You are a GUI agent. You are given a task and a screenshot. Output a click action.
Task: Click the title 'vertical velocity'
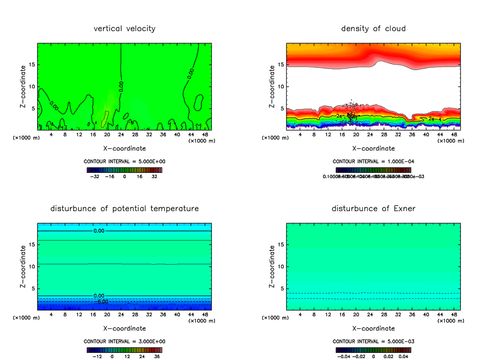pyautogui.click(x=124, y=29)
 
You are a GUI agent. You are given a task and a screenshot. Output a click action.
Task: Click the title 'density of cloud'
pyautogui.click(x=373, y=29)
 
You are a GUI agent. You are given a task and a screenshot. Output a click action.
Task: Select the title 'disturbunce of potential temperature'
pyautogui.click(x=124, y=209)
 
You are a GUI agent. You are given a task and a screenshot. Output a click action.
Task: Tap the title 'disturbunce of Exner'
pyautogui.click(x=373, y=209)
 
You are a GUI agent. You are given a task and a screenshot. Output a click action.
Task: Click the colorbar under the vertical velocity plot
pyautogui.click(x=124, y=170)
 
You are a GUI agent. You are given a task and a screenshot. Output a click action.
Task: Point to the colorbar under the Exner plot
pyautogui.click(x=373, y=350)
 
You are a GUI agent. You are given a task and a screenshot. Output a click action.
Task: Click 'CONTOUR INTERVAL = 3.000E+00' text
pyautogui.click(x=124, y=341)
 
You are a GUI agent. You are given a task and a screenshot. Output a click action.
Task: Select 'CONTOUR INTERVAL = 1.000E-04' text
pyautogui.click(x=373, y=161)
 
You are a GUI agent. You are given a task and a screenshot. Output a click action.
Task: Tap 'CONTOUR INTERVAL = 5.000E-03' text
pyautogui.click(x=373, y=341)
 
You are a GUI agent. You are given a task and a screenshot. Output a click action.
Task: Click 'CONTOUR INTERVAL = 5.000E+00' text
pyautogui.click(x=124, y=161)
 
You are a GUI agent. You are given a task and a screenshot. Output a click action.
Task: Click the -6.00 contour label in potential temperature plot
pyautogui.click(x=103, y=302)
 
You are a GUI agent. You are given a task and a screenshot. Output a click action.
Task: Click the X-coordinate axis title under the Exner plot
pyautogui.click(x=373, y=328)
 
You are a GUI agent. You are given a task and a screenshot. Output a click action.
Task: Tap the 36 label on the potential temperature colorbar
pyautogui.click(x=157, y=356)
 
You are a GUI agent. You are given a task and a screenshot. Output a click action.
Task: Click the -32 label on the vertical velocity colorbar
pyautogui.click(x=95, y=176)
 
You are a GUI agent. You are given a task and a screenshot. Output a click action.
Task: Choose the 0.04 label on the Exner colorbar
pyautogui.click(x=403, y=356)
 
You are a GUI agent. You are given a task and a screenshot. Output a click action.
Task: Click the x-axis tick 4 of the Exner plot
pyautogui.click(x=300, y=315)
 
